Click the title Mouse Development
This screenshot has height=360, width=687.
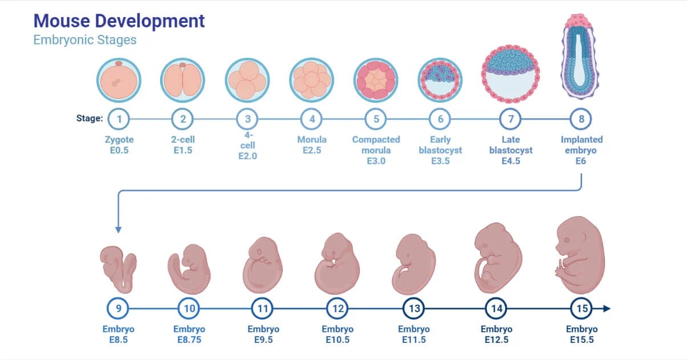click(119, 21)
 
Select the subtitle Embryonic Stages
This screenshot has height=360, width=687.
click(85, 40)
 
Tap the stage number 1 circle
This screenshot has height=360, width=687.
click(119, 119)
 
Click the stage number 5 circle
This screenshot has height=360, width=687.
click(376, 119)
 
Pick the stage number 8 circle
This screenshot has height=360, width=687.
click(581, 119)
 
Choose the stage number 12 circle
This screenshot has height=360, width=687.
click(338, 309)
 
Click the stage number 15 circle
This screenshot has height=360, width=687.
click(582, 309)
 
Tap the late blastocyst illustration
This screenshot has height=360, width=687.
click(511, 71)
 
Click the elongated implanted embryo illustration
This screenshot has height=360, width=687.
click(581, 54)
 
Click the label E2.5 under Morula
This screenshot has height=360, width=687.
click(312, 151)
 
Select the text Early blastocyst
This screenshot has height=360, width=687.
click(440, 145)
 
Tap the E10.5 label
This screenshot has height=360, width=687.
click(338, 340)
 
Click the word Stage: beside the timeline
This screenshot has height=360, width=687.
click(90, 119)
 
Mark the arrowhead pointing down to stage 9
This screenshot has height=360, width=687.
click(119, 229)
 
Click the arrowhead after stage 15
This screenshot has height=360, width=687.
click(607, 309)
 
